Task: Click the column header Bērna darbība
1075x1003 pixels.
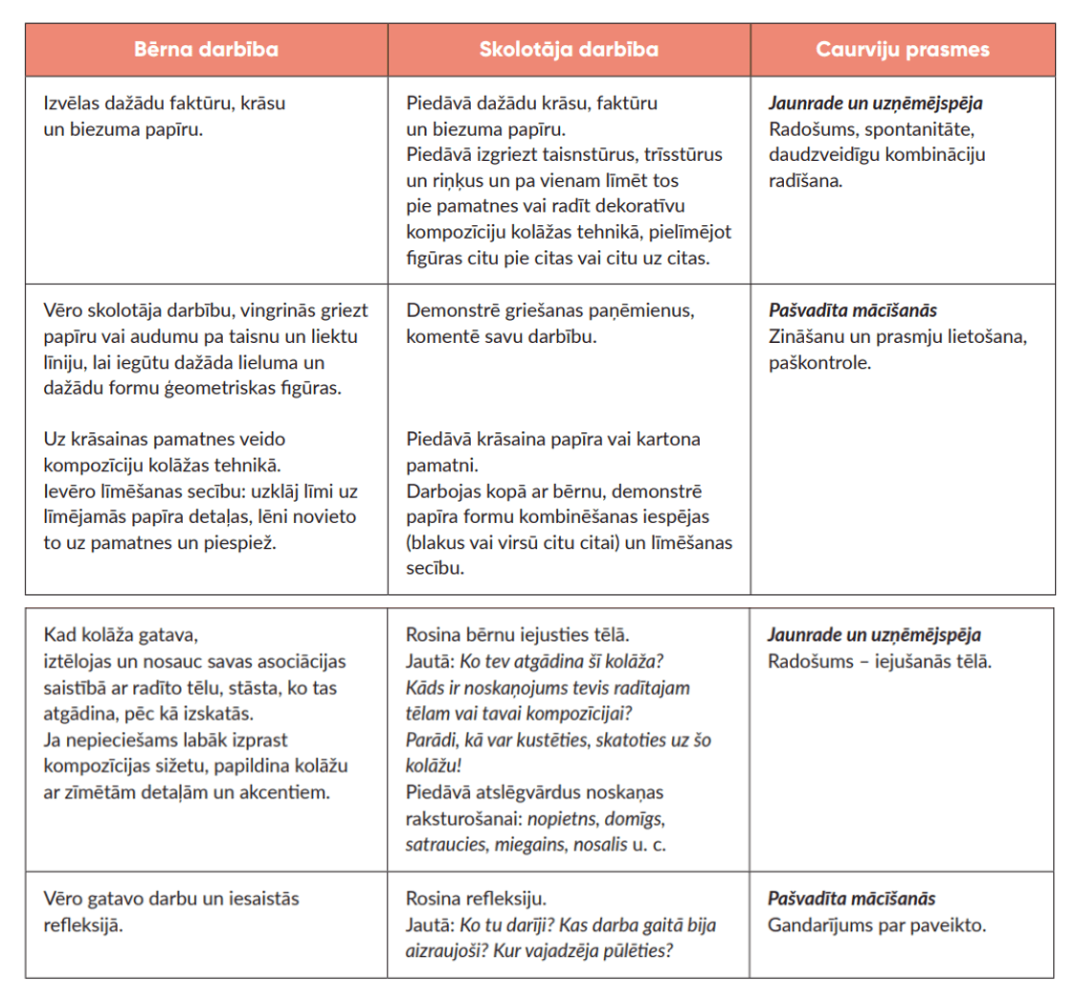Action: coord(206,50)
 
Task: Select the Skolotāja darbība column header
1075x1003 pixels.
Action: coord(569,50)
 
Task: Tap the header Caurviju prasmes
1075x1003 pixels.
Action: coord(903,50)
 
